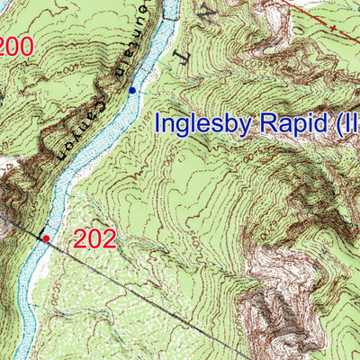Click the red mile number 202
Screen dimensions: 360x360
pos(94,239)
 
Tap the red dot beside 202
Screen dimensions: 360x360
pos(46,238)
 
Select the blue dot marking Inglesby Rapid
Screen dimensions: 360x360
pos(132,90)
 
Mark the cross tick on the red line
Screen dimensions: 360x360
pos(334,25)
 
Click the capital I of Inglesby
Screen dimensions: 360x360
pos(160,123)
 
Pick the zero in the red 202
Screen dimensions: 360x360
pos(94,239)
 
